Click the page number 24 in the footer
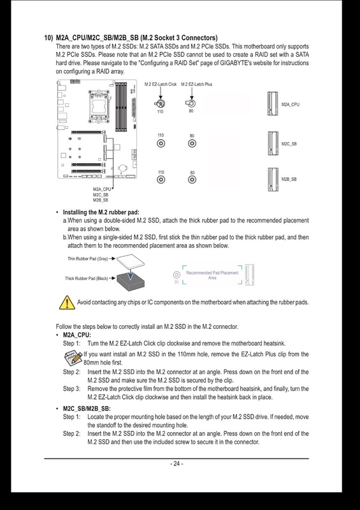pyautogui.click(x=176, y=463)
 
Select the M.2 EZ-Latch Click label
pyautogui.click(x=161, y=84)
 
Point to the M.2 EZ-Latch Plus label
pyautogui.click(x=196, y=84)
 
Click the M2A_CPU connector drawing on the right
pyautogui.click(x=273, y=104)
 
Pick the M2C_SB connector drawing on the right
pyautogui.click(x=273, y=143)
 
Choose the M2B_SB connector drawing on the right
pyautogui.click(x=273, y=179)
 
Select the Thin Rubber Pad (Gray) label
pyautogui.click(x=86, y=259)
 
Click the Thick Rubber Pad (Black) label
pyautogui.click(x=86, y=278)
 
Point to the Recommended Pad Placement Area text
pyautogui.click(x=210, y=275)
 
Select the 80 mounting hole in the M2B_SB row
pyautogui.click(x=191, y=180)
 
